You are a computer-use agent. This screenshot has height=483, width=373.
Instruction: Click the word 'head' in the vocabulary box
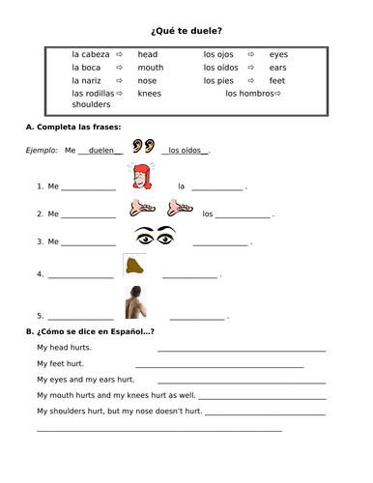click(147, 56)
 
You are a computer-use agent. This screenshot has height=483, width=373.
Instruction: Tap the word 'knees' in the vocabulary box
click(149, 94)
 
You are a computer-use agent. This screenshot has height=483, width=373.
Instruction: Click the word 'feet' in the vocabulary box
click(276, 81)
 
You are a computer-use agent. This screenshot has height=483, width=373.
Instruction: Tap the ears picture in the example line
click(142, 148)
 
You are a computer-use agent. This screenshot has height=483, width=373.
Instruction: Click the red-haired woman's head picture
click(137, 179)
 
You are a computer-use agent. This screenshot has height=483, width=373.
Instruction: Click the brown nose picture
click(134, 269)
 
